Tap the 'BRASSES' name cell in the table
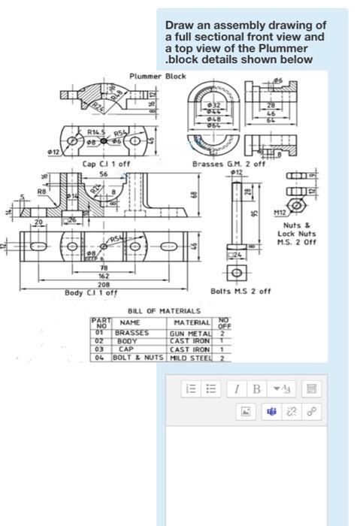tap(131, 332)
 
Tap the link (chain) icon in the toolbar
tap(310, 411)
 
